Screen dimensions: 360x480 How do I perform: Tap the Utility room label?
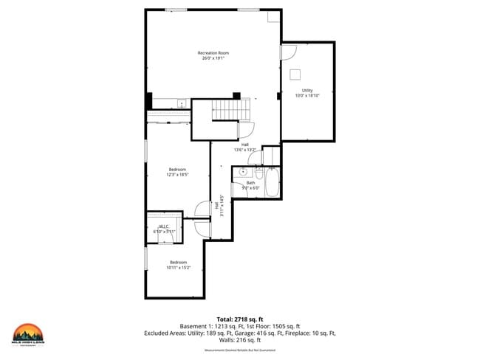point(306,92)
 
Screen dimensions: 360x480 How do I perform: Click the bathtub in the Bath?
point(272,183)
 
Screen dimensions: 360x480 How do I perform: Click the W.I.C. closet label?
point(164,229)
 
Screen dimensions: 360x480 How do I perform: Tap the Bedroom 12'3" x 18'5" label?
point(178,172)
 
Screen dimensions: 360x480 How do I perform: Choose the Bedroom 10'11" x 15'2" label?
point(178,265)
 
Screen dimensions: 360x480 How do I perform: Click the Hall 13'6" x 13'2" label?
point(244,147)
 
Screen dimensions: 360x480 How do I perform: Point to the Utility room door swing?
point(288,53)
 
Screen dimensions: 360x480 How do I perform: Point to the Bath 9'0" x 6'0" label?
point(250,185)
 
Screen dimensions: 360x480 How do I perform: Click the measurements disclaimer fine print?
point(239,350)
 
